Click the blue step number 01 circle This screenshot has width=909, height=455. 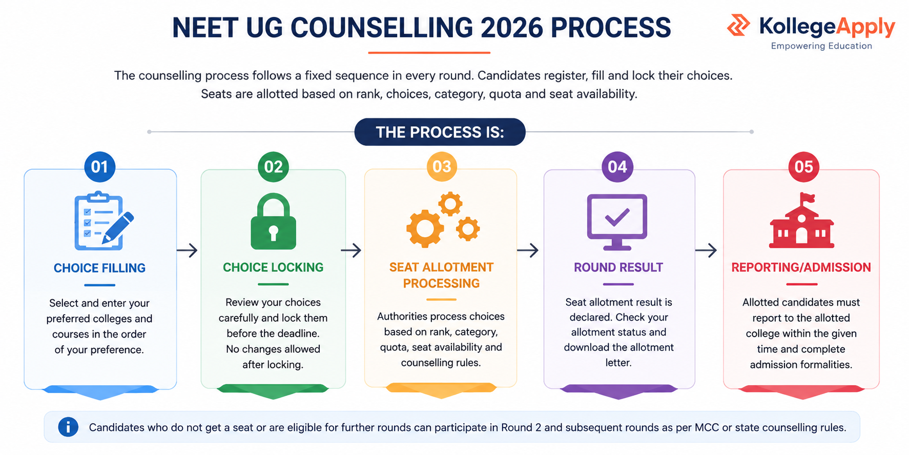pyautogui.click(x=100, y=167)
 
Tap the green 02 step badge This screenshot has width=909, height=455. pyautogui.click(x=273, y=167)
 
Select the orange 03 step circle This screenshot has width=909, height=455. pyautogui.click(x=442, y=167)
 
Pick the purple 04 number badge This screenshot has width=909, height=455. pyautogui.click(x=617, y=167)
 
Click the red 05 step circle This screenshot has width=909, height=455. pyautogui.click(x=803, y=167)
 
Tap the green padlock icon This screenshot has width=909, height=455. pyautogui.click(x=273, y=221)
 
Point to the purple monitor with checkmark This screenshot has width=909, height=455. pyautogui.click(x=617, y=222)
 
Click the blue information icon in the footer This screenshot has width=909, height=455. pyautogui.click(x=68, y=427)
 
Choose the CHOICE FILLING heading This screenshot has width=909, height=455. pyautogui.click(x=99, y=268)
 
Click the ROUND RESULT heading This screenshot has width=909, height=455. pyautogui.click(x=618, y=267)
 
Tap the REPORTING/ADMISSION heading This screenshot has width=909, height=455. pyautogui.click(x=801, y=267)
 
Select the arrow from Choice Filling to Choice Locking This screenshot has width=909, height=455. pyautogui.click(x=187, y=250)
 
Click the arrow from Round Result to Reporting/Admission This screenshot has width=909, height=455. pyautogui.click(x=706, y=250)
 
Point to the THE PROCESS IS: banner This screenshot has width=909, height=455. pyautogui.click(x=440, y=132)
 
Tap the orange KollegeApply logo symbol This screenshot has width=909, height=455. pyautogui.click(x=738, y=25)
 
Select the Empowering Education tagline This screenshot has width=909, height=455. pyautogui.click(x=821, y=46)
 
